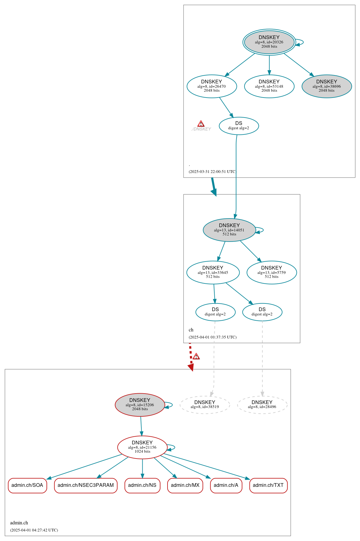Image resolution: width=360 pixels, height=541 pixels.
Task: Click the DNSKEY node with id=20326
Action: [x=269, y=42]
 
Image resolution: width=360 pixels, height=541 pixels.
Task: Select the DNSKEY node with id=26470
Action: [x=212, y=86]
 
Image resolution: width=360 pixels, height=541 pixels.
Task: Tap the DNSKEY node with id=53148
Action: [x=269, y=86]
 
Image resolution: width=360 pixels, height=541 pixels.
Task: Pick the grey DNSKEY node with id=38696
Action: [x=326, y=86]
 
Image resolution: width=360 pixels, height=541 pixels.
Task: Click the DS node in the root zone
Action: [x=239, y=126]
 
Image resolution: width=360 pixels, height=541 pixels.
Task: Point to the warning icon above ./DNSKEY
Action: [x=201, y=124]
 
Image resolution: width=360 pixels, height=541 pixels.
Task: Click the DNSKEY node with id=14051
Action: [x=229, y=230]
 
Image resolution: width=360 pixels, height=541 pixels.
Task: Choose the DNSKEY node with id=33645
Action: [x=213, y=272]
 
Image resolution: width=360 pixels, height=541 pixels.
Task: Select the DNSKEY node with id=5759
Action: [x=271, y=272]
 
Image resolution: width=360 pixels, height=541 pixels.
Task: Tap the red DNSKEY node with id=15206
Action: [x=140, y=405]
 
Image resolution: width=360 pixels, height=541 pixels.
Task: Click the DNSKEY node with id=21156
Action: [x=142, y=447]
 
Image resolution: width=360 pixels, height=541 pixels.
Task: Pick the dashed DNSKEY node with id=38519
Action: [x=205, y=405]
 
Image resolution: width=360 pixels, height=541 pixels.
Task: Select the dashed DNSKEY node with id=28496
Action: [x=262, y=405]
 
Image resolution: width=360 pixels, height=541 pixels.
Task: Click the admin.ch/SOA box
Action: [x=27, y=485]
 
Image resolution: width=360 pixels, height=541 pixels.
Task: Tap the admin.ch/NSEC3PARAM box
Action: [x=86, y=485]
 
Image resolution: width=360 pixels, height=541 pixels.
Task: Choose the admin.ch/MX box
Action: [x=185, y=485]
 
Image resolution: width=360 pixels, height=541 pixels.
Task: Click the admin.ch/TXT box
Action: [x=268, y=485]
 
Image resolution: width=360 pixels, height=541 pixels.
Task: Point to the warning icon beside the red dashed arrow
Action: [x=196, y=356]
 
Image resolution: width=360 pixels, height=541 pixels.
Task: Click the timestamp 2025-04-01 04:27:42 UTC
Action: [x=34, y=530]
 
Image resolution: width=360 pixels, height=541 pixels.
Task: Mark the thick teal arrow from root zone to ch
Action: [x=213, y=186]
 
